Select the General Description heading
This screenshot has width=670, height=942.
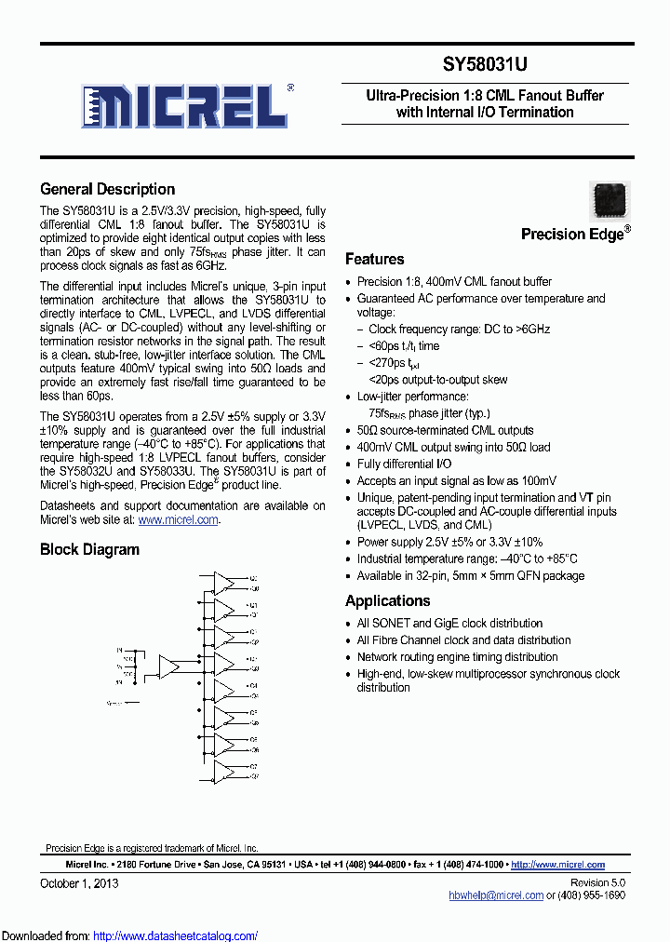tap(107, 189)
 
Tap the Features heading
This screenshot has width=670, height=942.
tap(374, 259)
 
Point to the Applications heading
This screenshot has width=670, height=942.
tap(387, 600)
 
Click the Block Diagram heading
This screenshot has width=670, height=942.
tap(89, 549)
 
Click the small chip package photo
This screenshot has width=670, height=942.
tap(610, 200)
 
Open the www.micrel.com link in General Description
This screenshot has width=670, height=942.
tap(178, 520)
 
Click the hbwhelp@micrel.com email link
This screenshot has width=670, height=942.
tap(495, 895)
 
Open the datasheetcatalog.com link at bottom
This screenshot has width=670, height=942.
tap(175, 935)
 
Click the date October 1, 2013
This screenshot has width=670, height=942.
tap(80, 881)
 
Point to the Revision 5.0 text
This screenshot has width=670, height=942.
tap(597, 881)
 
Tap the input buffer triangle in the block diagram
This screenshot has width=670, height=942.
tap(170, 666)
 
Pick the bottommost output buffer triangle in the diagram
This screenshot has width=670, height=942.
tap(224, 771)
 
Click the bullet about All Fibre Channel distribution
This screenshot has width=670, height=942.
tap(463, 640)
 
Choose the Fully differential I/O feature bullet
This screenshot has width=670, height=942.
tap(404, 464)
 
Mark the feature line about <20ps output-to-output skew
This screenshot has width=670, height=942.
tap(437, 380)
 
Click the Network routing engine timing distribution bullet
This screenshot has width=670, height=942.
tap(457, 657)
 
